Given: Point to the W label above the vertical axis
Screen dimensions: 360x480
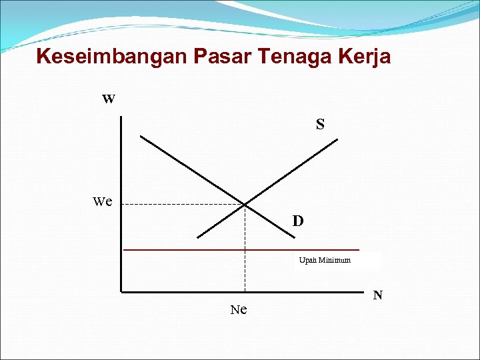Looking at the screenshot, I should click(109, 99).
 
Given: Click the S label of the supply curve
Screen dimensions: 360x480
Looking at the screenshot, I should click(320, 124).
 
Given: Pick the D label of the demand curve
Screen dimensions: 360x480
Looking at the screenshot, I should click(298, 221).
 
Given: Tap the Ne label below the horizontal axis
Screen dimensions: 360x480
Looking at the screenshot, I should click(238, 309).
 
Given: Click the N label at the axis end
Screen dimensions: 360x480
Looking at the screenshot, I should click(377, 295).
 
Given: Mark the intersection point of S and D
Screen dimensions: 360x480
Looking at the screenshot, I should click(245, 204).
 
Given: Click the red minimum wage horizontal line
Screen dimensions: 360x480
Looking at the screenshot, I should click(200, 250).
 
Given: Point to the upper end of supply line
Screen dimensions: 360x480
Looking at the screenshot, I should click(337, 139).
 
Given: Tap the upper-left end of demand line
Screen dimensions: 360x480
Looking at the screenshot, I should click(141, 137).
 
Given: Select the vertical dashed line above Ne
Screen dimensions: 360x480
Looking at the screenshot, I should click(245, 260).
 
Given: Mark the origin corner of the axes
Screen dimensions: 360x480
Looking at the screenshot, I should click(122, 291).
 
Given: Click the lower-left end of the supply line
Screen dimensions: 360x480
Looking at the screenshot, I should click(198, 237).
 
